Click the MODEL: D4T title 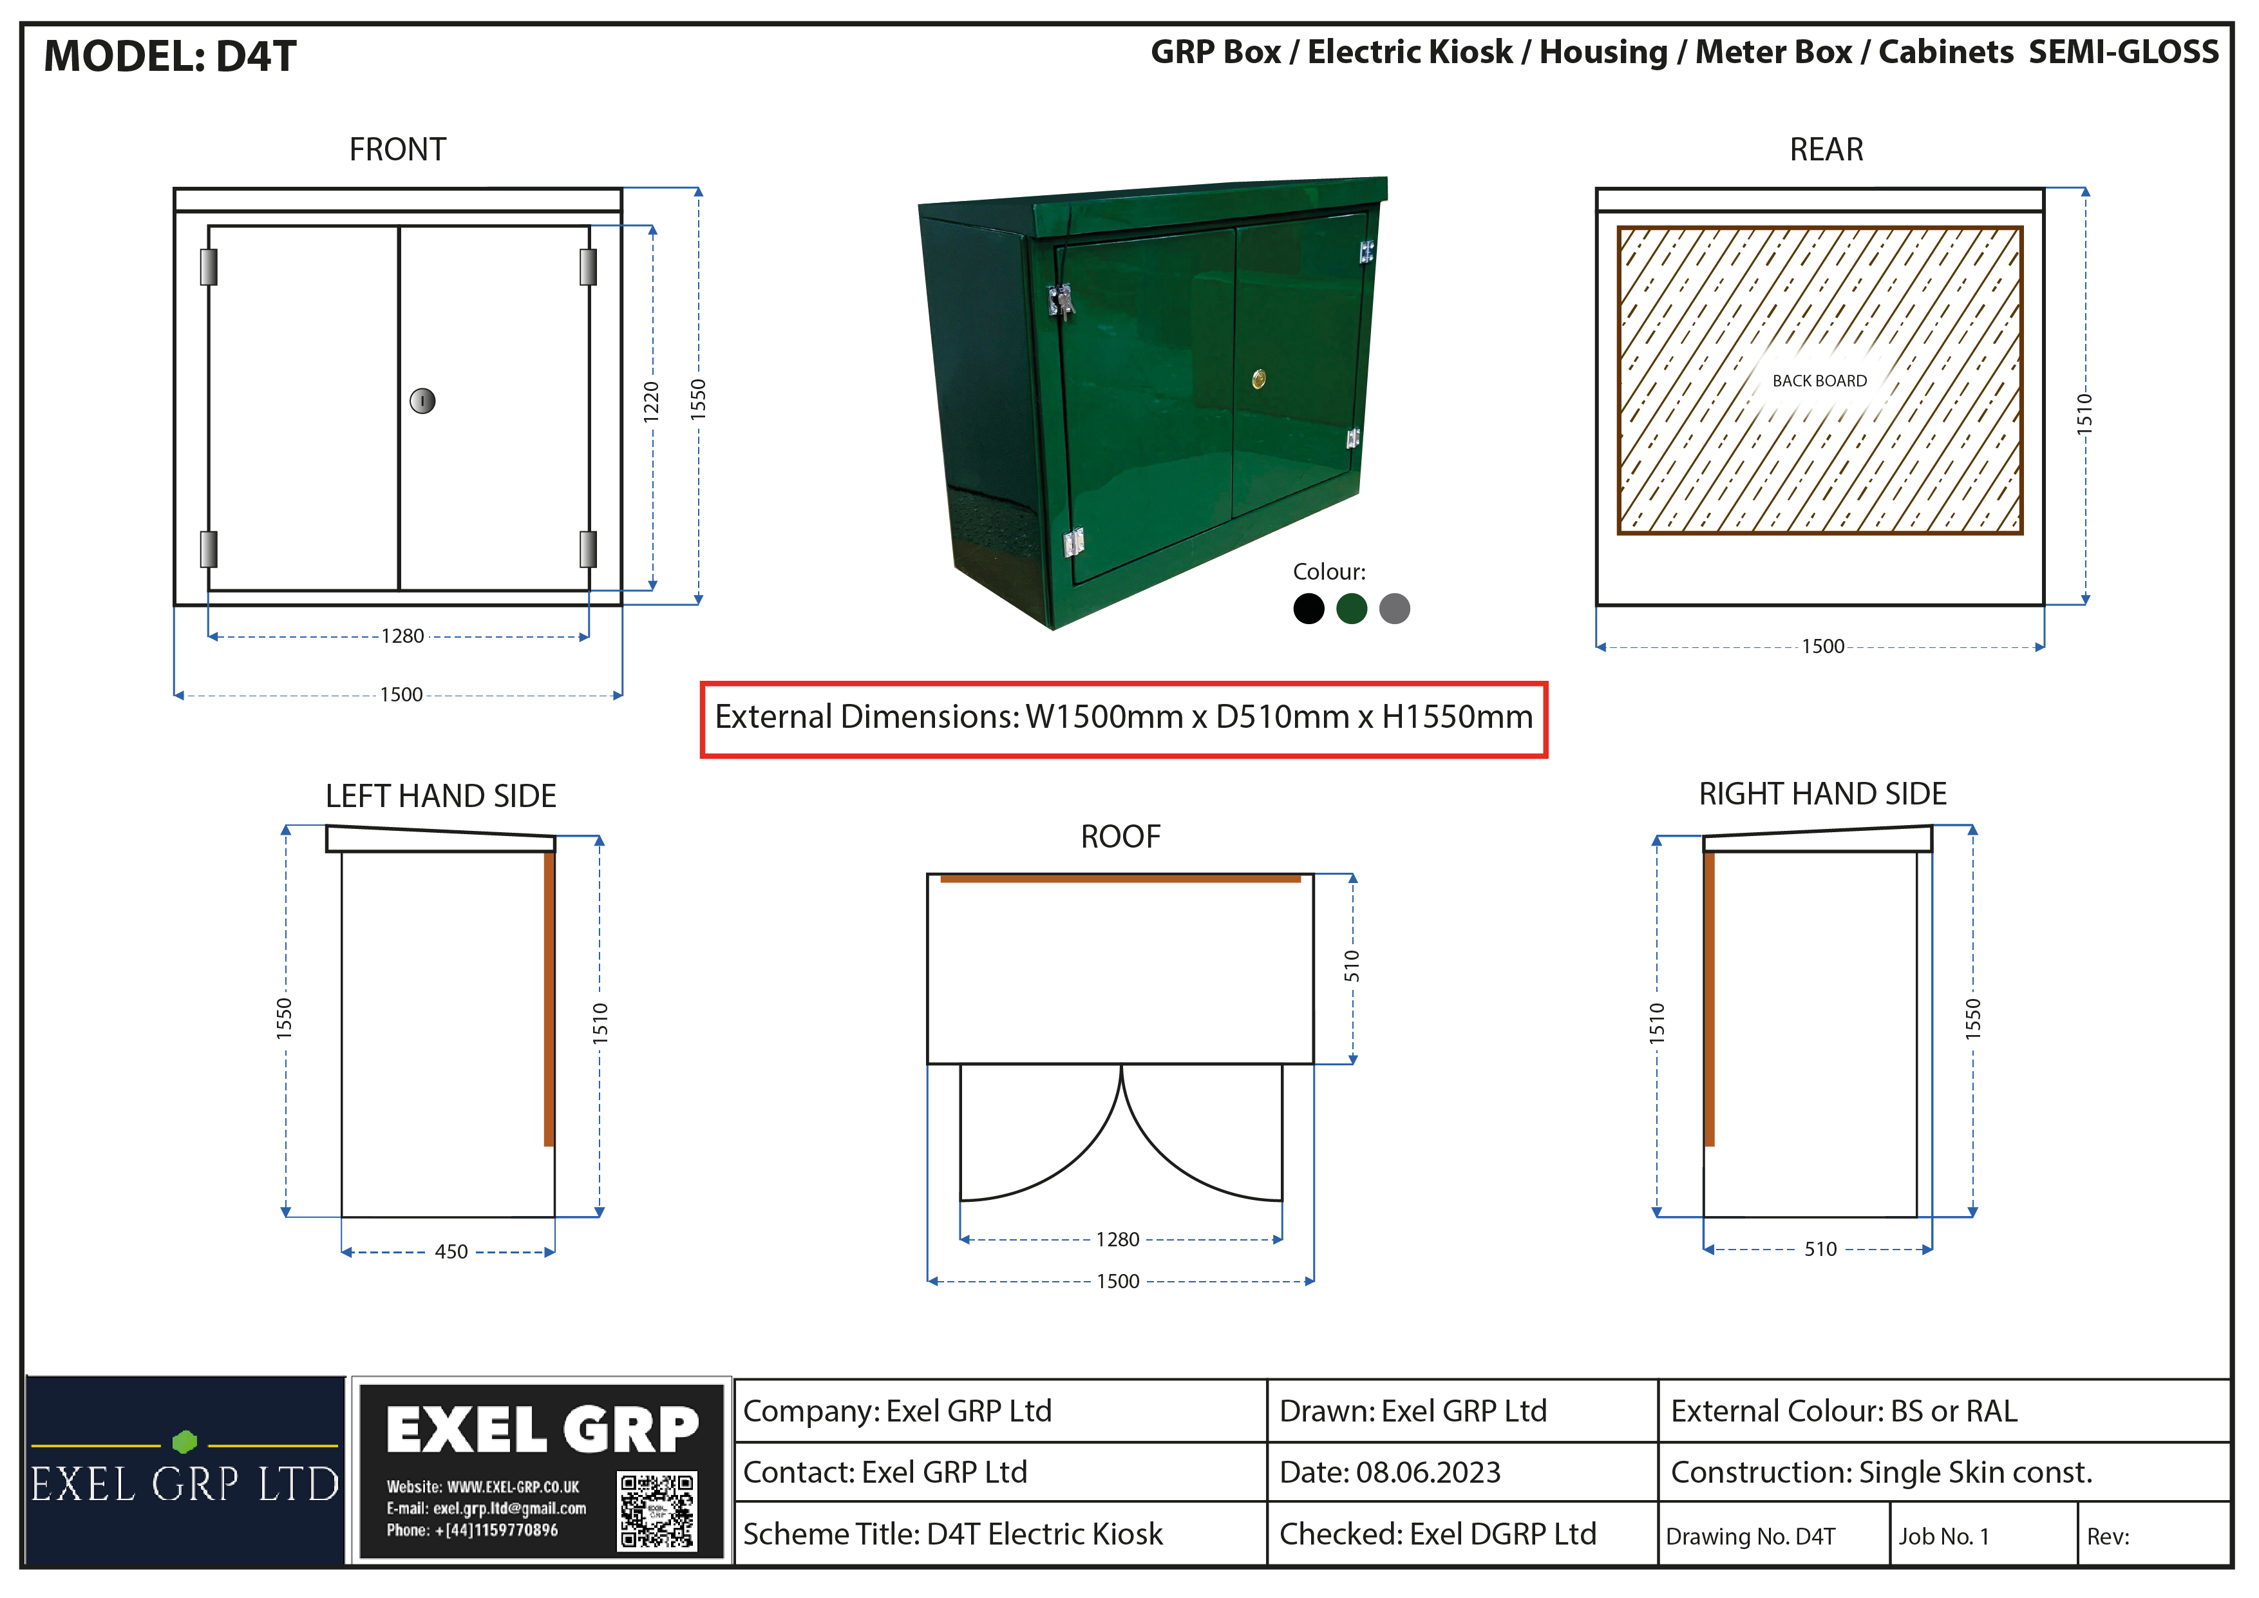(x=170, y=56)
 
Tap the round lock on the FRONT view (x=422, y=401)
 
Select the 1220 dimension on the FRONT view (x=651, y=401)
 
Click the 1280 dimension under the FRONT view (x=403, y=636)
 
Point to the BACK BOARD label (x=1819, y=381)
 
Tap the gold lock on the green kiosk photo (x=1258, y=379)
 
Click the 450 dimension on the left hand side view (x=451, y=1251)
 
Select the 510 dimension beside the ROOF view (x=1352, y=966)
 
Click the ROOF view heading (x=1120, y=837)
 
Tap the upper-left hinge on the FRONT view (x=209, y=267)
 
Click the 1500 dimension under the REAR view (x=1822, y=647)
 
